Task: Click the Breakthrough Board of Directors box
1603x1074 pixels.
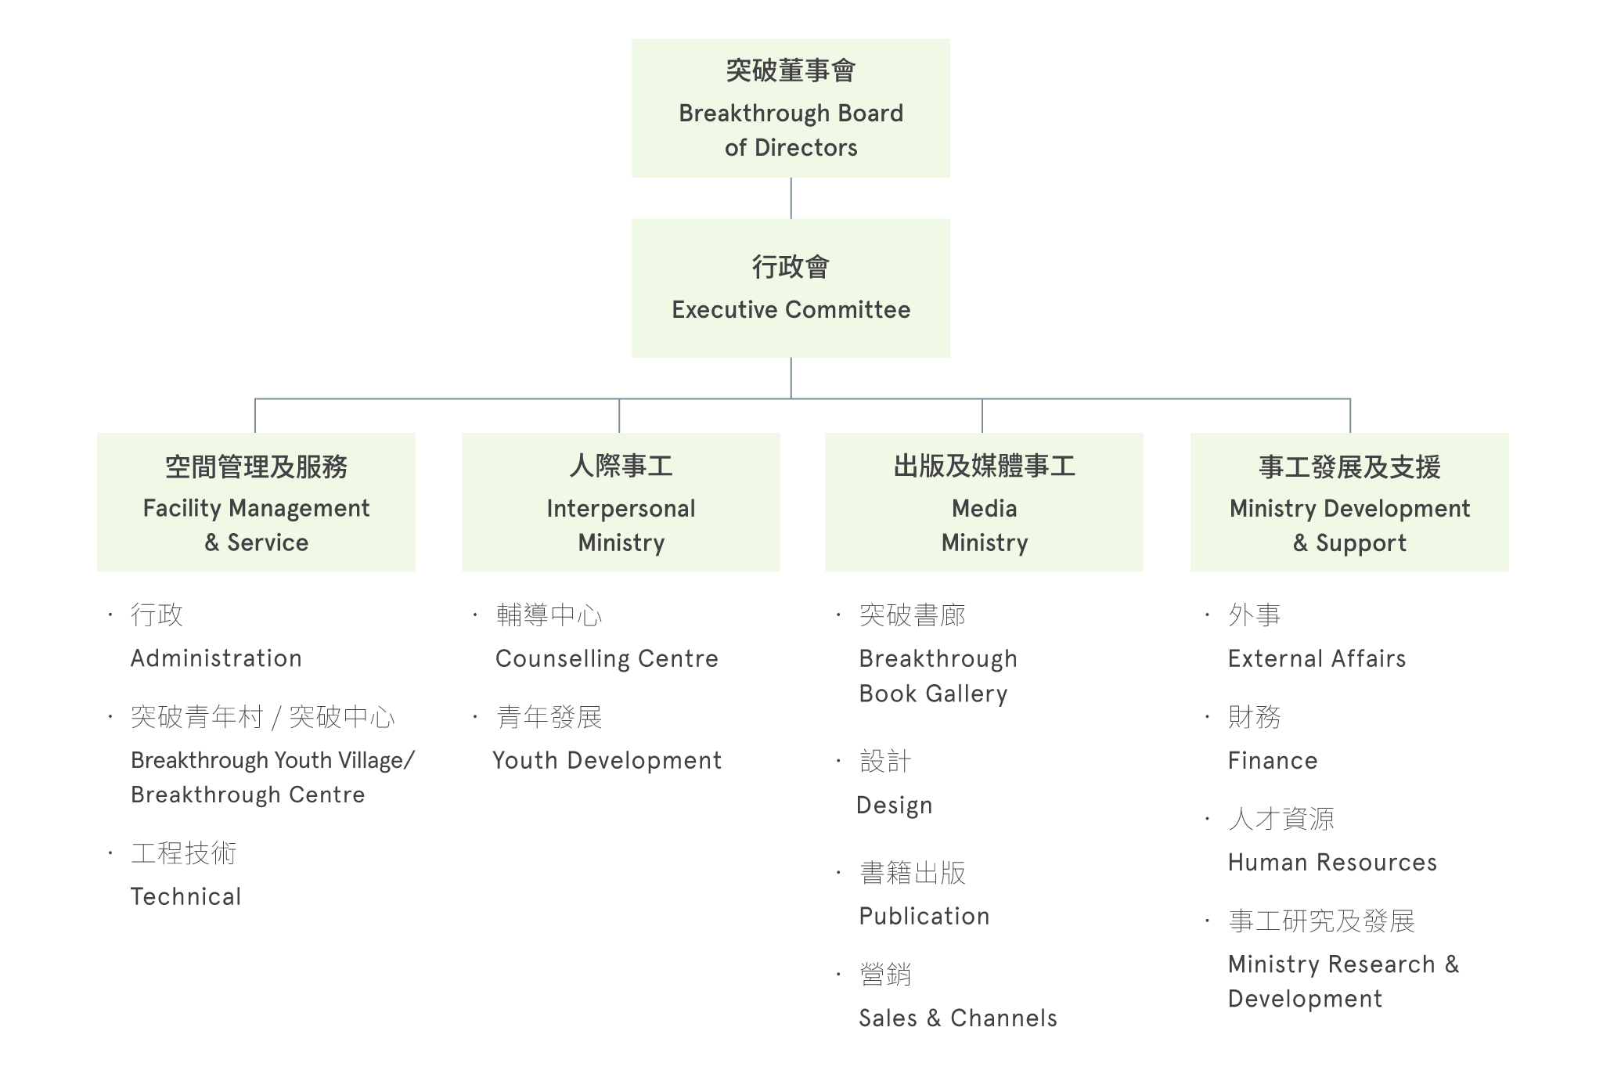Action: (x=791, y=108)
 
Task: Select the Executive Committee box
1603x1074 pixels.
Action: (x=791, y=288)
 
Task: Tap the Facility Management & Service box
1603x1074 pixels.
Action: (x=256, y=502)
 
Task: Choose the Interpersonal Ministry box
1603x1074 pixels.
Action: (x=621, y=502)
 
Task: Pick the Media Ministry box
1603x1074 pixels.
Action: (x=984, y=502)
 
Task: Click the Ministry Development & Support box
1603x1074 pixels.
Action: (x=1349, y=502)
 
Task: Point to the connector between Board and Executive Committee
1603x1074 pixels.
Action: (x=791, y=198)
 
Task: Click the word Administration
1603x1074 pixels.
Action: (x=216, y=658)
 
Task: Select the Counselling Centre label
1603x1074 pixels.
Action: (x=607, y=659)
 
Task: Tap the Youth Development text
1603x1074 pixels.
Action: (x=607, y=761)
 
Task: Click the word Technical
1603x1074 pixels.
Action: (x=186, y=896)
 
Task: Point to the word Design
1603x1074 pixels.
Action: (x=895, y=805)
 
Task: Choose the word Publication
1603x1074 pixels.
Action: (x=924, y=916)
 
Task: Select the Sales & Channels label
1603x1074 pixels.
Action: (x=958, y=1018)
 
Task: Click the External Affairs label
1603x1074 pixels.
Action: (x=1317, y=658)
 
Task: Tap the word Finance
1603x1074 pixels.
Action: (x=1273, y=760)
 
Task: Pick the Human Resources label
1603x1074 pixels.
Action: (x=1332, y=862)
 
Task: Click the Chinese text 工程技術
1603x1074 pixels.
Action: (x=184, y=852)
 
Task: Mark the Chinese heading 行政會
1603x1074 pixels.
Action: (x=791, y=267)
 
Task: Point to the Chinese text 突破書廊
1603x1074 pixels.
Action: (x=913, y=614)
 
